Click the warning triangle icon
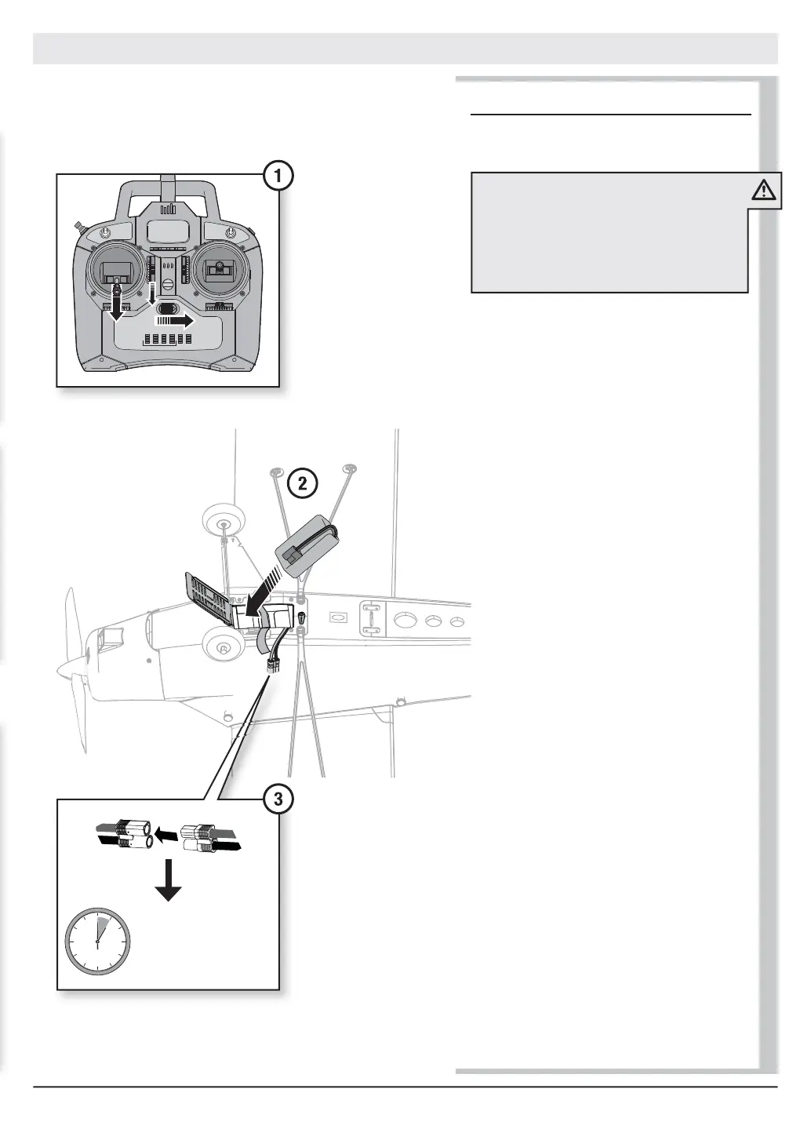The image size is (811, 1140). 763,191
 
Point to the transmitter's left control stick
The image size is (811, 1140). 117,271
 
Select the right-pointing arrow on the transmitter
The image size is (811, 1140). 176,321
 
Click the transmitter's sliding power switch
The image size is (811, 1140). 167,308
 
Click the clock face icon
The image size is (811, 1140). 96,942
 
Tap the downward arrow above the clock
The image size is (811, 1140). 168,881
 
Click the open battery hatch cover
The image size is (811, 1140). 206,599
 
